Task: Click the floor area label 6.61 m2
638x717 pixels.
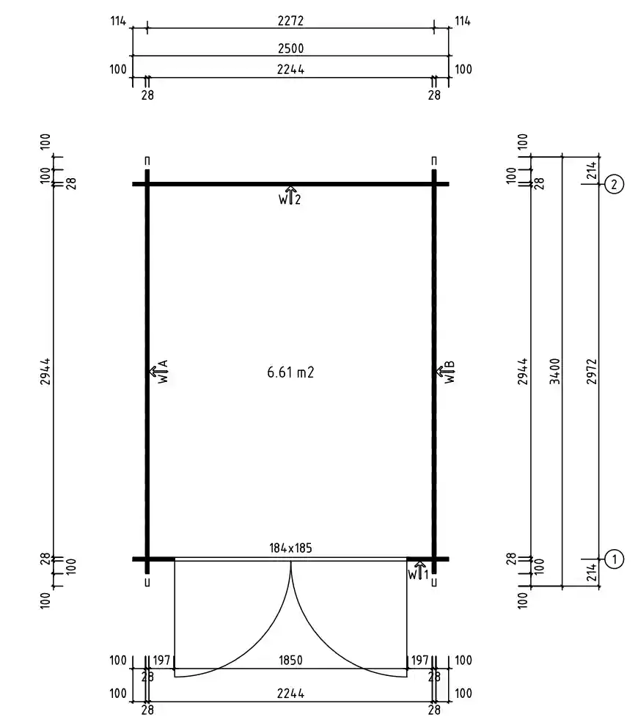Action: (x=290, y=372)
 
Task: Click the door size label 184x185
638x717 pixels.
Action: (x=290, y=548)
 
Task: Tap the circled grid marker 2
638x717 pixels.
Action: (x=614, y=184)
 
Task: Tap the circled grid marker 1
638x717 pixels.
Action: (x=614, y=559)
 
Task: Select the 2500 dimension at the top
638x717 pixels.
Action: (x=290, y=48)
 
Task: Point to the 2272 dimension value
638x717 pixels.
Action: (x=290, y=21)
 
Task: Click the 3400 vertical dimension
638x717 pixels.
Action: (x=554, y=371)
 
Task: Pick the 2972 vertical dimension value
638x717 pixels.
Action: (x=592, y=371)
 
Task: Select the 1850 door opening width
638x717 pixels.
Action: (x=290, y=661)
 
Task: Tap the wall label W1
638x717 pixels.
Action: (x=419, y=572)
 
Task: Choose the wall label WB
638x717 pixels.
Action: (x=447, y=371)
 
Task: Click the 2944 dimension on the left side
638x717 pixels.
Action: (x=45, y=371)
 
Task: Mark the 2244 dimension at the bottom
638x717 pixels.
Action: (x=290, y=694)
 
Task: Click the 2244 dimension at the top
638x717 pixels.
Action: (x=290, y=70)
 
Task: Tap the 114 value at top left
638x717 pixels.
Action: (x=118, y=21)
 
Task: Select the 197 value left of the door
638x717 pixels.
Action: (x=161, y=661)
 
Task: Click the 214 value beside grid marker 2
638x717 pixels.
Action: (x=592, y=170)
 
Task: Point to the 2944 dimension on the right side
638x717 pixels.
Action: (x=524, y=371)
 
